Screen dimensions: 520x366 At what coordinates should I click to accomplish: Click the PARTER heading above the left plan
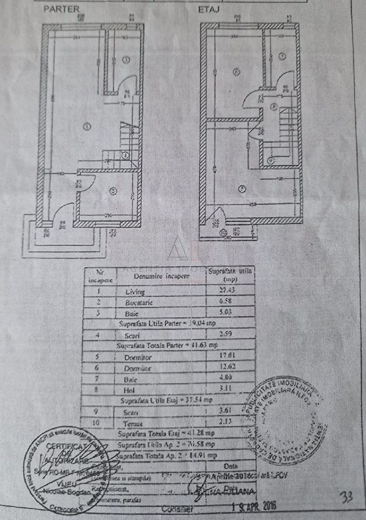pyautogui.click(x=62, y=9)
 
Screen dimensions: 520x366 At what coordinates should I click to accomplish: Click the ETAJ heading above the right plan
pyautogui.click(x=208, y=9)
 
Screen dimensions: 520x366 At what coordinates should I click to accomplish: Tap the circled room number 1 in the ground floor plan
pyautogui.click(x=87, y=127)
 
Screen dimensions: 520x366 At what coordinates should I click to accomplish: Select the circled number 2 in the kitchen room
pyautogui.click(x=113, y=191)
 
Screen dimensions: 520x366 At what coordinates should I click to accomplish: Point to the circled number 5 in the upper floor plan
pyautogui.click(x=242, y=187)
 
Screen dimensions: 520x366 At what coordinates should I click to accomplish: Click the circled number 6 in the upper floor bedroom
pyautogui.click(x=235, y=72)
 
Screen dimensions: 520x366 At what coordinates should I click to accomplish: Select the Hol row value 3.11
pyautogui.click(x=230, y=390)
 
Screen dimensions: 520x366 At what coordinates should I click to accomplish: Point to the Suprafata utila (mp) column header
pyautogui.click(x=230, y=274)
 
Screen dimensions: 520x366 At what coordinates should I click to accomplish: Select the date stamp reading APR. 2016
pyautogui.click(x=254, y=507)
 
